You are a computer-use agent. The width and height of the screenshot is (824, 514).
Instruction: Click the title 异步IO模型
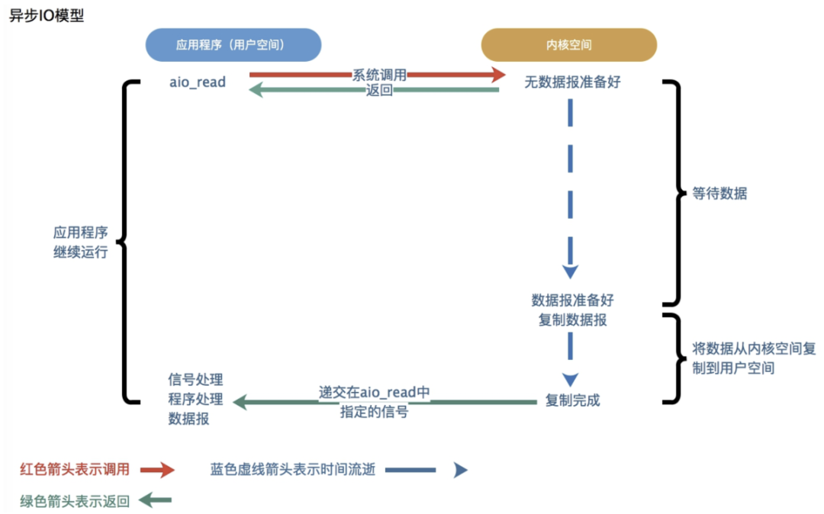click(46, 16)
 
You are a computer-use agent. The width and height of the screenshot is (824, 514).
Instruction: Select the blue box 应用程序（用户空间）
click(233, 45)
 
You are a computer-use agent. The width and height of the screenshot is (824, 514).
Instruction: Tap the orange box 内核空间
click(568, 45)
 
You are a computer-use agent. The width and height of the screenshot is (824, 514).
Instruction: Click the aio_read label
click(198, 82)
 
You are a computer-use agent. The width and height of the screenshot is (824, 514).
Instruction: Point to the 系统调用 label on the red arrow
click(379, 75)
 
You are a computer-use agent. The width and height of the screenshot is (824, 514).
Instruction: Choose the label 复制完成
click(572, 400)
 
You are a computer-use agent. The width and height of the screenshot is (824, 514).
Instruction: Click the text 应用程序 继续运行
click(80, 243)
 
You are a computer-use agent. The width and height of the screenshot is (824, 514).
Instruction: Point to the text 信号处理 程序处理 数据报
click(195, 399)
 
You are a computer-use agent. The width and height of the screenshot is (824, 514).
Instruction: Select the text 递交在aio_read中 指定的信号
click(375, 402)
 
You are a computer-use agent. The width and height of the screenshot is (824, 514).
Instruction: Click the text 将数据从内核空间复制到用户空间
click(744, 358)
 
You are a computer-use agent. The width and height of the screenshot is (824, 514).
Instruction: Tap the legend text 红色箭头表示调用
click(75, 469)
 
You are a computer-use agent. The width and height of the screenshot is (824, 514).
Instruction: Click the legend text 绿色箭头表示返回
click(75, 501)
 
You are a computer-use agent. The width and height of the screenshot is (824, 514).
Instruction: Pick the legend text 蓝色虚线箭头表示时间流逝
click(293, 470)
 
